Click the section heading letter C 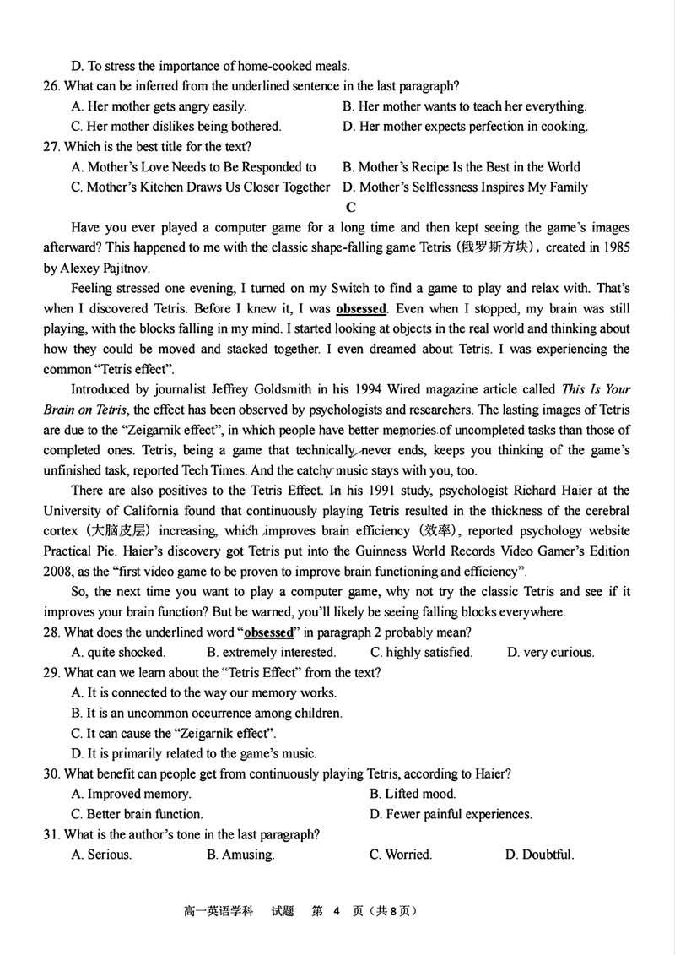coord(351,207)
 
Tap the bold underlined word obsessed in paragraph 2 coord(361,309)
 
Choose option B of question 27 coord(462,167)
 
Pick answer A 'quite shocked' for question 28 coord(119,652)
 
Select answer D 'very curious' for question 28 coord(551,652)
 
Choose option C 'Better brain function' coord(138,814)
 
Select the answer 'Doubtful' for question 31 coord(540,855)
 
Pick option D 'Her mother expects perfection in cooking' coord(466,127)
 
